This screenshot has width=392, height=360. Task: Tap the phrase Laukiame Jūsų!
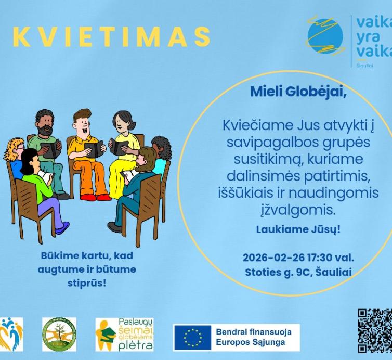(x=291, y=228)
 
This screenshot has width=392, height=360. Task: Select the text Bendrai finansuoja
(x=253, y=331)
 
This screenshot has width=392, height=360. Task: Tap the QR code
(x=375, y=331)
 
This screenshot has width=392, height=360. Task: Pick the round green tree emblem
(x=59, y=334)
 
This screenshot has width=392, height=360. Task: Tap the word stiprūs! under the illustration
(x=87, y=282)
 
